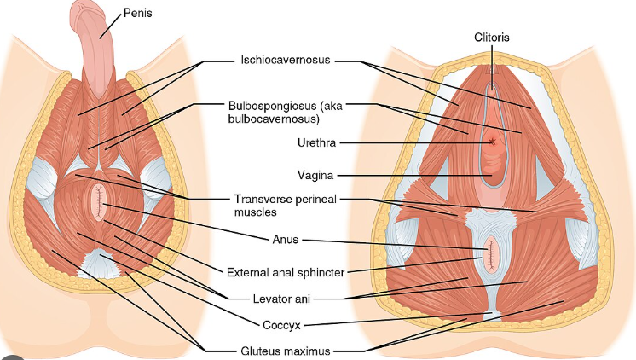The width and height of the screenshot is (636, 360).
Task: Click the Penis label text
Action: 138,13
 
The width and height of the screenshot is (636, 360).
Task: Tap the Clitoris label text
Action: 492,38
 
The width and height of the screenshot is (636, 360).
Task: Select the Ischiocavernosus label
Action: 286,60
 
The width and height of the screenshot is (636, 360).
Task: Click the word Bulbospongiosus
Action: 272,107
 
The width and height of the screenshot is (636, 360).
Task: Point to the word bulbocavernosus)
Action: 274,119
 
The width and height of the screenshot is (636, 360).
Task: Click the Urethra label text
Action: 316,142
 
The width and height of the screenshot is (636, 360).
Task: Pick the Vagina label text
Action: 315,176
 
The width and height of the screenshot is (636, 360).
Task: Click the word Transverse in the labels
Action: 263,200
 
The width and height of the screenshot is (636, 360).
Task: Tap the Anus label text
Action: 285,240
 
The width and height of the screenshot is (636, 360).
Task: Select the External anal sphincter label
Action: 286,272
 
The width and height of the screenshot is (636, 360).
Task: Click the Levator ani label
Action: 281,299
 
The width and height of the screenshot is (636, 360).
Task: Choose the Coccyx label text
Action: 281,326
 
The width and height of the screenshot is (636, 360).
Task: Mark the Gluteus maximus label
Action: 286,351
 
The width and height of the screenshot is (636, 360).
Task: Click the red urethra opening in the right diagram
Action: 493,142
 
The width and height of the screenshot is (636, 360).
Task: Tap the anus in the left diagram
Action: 99,202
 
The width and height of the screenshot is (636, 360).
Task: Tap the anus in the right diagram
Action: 491,254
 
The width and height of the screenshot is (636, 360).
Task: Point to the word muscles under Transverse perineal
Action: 256,212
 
